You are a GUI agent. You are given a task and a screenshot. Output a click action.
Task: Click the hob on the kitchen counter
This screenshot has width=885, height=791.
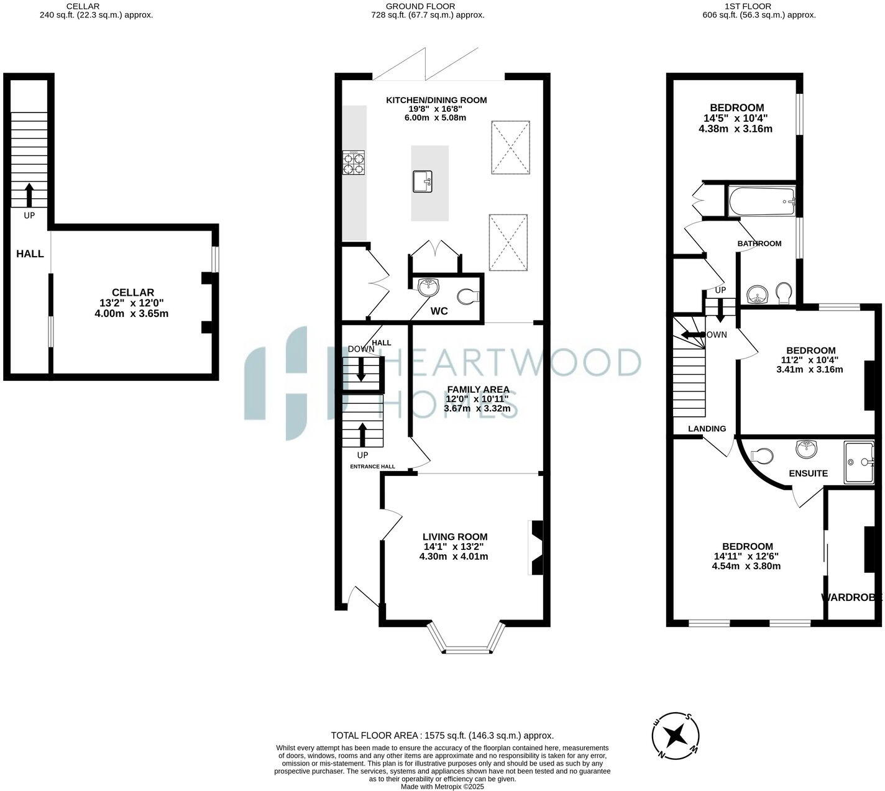coord(354,162)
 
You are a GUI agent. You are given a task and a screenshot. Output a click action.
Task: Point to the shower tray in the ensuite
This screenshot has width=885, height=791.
coord(859,462)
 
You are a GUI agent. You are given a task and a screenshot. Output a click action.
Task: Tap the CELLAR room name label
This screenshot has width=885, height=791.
coord(132,292)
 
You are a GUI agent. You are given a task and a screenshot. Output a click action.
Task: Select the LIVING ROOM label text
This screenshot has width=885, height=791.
coord(455,537)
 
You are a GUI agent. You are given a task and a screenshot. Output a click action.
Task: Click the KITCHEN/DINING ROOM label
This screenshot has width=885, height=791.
coord(436,100)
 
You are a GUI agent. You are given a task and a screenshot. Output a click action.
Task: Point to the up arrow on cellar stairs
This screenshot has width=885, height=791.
coord(29,195)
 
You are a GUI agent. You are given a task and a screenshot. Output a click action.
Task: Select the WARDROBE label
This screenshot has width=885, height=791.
coord(851,598)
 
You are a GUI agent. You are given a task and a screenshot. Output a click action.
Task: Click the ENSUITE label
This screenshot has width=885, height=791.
coord(808,473)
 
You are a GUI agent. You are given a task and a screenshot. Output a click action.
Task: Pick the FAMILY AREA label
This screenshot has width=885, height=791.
coord(478,390)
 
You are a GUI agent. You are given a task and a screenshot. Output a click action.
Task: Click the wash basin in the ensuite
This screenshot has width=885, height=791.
coord(806,447)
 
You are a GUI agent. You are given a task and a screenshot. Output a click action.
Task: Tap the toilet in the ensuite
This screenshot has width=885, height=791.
coord(761,455)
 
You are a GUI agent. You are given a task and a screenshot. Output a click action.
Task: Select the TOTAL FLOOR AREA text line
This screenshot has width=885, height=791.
coord(442,735)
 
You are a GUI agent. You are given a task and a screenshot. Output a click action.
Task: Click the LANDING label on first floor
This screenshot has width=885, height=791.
coord(707,429)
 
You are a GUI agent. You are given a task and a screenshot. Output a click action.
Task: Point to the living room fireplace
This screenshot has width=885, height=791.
coord(536,547)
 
